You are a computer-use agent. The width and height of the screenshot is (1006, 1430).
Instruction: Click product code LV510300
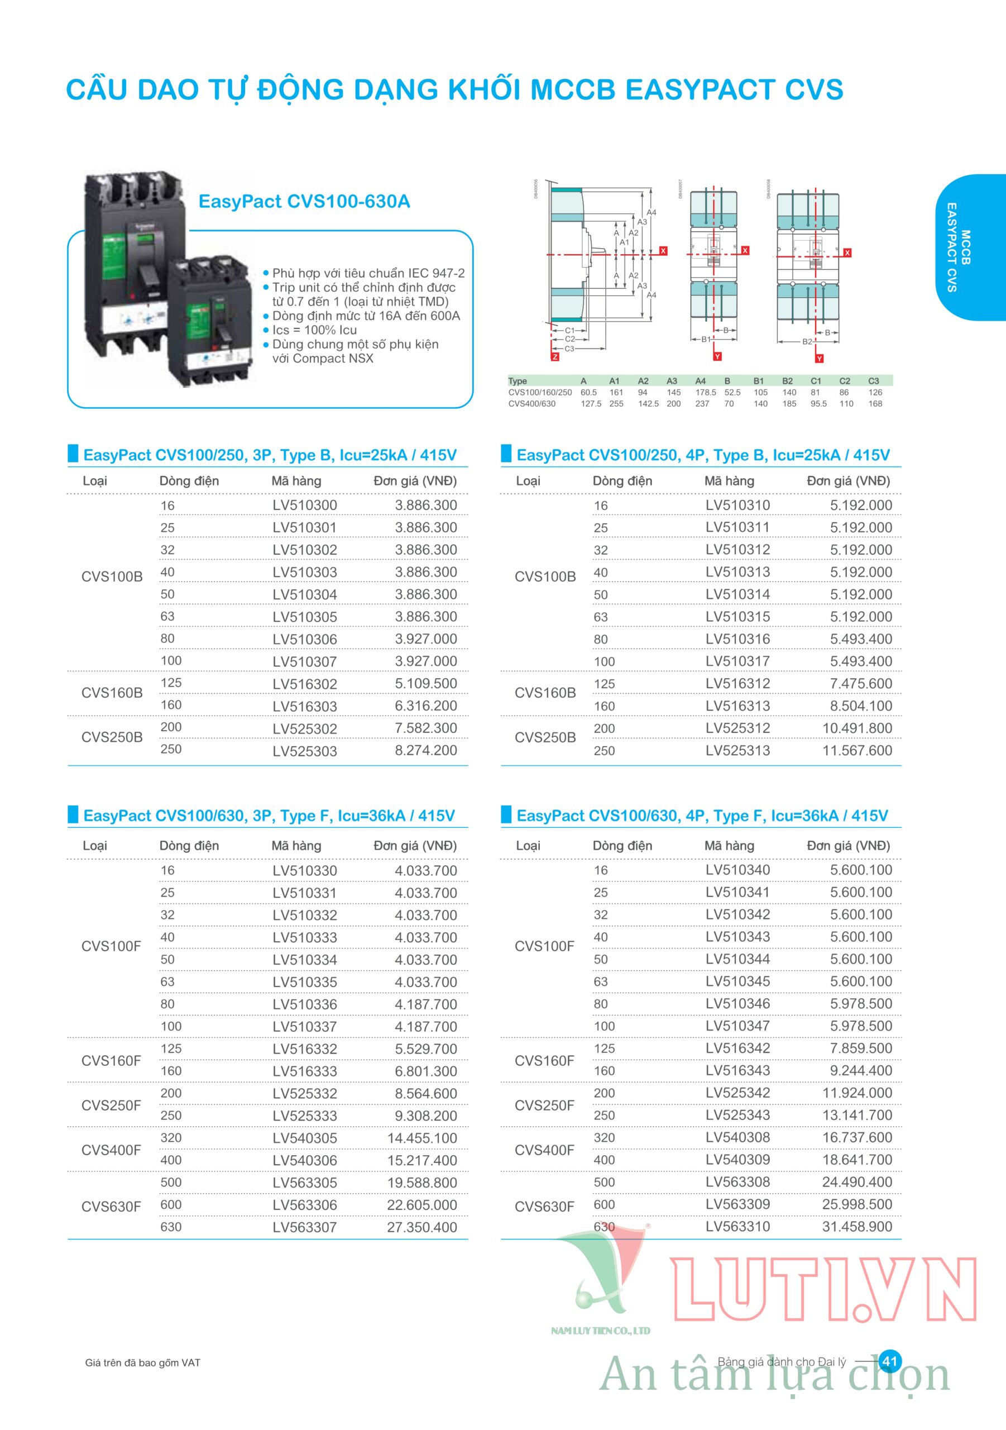[304, 505]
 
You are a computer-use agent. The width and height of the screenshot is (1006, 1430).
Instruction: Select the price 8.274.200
[426, 751]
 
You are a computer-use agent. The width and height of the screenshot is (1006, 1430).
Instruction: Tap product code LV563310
[737, 1226]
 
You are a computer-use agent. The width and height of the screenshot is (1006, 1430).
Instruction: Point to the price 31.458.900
[857, 1226]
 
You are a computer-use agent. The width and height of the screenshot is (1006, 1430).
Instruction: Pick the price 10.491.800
[857, 728]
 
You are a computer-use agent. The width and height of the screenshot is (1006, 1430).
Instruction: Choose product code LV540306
[304, 1160]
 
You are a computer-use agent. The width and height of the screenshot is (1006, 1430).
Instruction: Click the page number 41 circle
[889, 1361]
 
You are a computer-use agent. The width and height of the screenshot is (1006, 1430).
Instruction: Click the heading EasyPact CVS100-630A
[304, 202]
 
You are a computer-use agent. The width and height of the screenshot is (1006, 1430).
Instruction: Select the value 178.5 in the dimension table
[705, 392]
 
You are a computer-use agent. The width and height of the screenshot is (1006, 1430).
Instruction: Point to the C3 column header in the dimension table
[873, 381]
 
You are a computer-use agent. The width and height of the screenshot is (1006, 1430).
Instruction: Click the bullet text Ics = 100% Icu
[314, 330]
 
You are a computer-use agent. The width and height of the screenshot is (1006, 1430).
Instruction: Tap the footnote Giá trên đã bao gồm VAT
[142, 1363]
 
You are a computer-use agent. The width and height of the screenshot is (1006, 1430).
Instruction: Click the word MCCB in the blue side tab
[966, 247]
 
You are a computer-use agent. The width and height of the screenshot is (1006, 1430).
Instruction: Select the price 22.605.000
[422, 1205]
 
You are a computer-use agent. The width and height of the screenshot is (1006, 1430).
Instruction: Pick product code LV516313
[737, 706]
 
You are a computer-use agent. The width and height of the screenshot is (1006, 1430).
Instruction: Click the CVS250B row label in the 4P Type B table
[545, 737]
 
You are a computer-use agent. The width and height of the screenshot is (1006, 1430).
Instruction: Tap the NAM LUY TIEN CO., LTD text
[600, 1331]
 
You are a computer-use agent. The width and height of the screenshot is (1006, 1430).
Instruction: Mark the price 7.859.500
[861, 1048]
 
